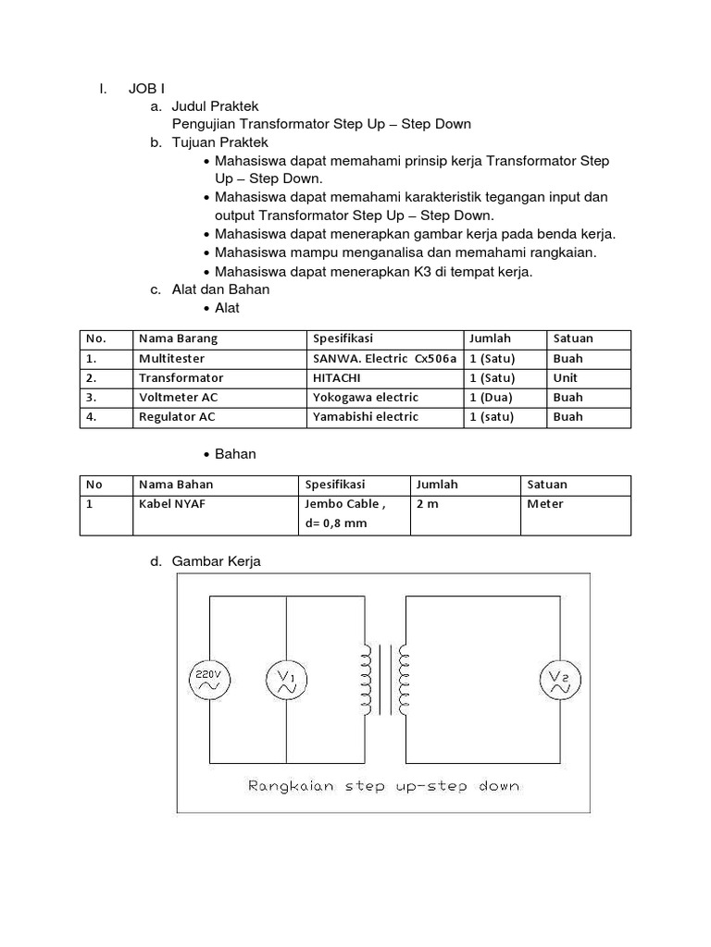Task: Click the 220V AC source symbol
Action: click(x=206, y=681)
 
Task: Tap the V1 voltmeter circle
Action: click(x=285, y=682)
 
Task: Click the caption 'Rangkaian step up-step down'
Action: click(x=383, y=786)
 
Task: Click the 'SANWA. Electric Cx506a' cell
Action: click(x=384, y=358)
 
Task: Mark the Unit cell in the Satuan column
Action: click(x=565, y=377)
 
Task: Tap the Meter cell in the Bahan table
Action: click(x=545, y=504)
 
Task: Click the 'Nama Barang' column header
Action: click(x=178, y=338)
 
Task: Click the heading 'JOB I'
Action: click(x=146, y=89)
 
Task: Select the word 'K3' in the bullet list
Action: click(x=425, y=272)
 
